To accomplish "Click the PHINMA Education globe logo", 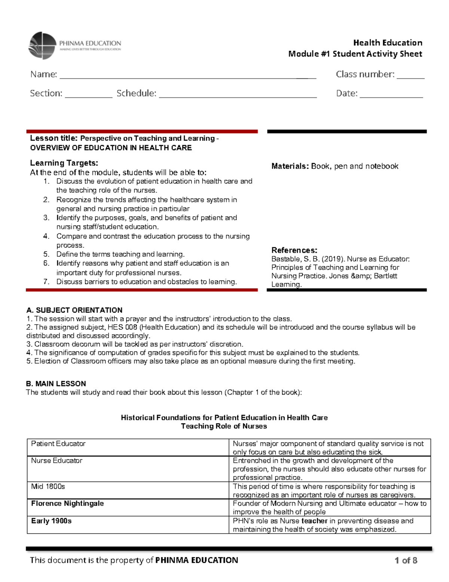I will click(x=43, y=46).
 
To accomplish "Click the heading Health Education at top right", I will click(x=388, y=43).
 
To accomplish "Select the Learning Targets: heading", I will click(x=64, y=163).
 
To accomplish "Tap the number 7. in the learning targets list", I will click(x=46, y=282).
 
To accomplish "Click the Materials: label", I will click(x=290, y=166).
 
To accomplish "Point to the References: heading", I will click(x=294, y=250).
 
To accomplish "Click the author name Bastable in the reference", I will click(x=284, y=259).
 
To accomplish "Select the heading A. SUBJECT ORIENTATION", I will click(x=74, y=310).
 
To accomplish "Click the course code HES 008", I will click(x=122, y=327).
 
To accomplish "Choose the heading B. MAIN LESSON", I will click(x=56, y=384).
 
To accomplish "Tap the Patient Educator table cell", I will click(x=58, y=444).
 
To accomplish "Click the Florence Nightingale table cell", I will click(x=67, y=503).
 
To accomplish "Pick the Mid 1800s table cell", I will click(x=48, y=486).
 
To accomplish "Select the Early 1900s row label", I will click(x=51, y=521).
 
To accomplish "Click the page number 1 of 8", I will click(x=406, y=560).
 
